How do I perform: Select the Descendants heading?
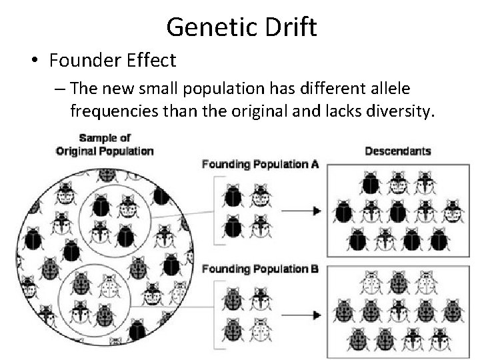pyautogui.click(x=398, y=151)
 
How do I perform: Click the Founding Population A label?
pyautogui.click(x=259, y=163)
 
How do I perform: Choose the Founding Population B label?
pyautogui.click(x=259, y=269)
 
